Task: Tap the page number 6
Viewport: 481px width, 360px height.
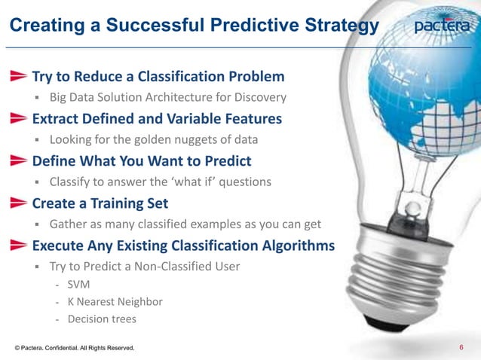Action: (461, 346)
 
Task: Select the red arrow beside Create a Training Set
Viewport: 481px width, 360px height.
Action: (19, 203)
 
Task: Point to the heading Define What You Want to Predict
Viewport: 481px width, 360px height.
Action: (142, 161)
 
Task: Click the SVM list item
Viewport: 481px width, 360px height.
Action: (78, 285)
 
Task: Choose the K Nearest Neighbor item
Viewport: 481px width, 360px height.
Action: (115, 302)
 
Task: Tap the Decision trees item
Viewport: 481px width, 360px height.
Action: (102, 319)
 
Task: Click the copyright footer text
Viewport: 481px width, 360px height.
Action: (74, 348)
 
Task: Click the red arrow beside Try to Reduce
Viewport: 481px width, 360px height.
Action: (19, 77)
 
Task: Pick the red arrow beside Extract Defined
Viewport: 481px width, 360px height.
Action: (19, 119)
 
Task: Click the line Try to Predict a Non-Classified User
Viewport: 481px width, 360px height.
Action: (145, 266)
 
